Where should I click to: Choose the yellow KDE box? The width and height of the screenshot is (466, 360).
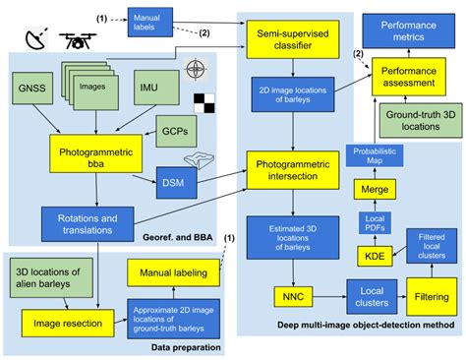pos(371,255)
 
